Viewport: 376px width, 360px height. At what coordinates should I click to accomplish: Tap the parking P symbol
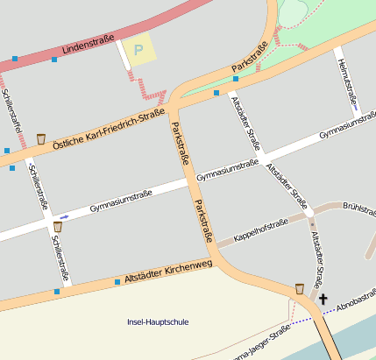[137, 51]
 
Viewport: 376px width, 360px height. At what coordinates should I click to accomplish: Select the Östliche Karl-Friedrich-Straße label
[109, 124]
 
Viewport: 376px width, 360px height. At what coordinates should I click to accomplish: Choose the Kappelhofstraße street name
[260, 230]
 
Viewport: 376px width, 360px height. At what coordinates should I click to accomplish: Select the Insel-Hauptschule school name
[158, 322]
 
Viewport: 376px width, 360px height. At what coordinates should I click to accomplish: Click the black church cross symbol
[323, 299]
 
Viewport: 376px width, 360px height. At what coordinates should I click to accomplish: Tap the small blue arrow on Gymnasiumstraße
[64, 215]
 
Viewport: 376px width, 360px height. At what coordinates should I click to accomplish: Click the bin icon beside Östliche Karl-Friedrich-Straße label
[41, 138]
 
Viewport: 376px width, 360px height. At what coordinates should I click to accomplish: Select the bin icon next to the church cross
[300, 287]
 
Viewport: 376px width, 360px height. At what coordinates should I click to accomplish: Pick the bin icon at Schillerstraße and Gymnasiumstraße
[57, 227]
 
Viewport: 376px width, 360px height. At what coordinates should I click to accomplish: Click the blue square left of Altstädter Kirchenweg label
[117, 282]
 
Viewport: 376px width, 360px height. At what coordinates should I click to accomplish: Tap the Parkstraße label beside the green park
[250, 56]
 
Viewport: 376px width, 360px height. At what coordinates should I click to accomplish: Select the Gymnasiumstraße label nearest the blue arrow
[121, 201]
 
